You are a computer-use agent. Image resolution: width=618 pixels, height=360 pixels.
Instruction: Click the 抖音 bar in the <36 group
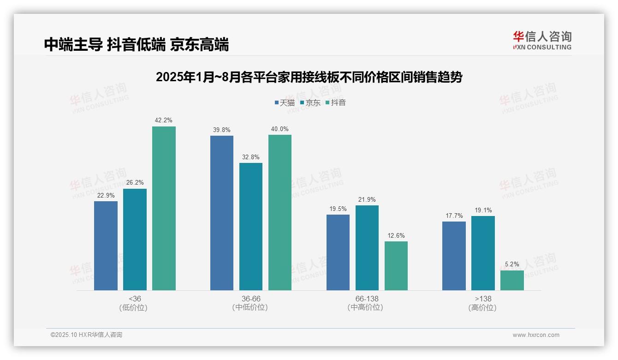164,208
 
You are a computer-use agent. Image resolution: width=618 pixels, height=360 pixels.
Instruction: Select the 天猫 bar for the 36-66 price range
222,213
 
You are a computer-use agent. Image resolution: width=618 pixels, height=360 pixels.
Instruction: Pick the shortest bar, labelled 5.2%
512,280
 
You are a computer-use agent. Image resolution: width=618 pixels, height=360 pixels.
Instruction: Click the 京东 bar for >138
483,253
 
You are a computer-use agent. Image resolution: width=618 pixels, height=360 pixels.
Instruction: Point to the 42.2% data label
164,120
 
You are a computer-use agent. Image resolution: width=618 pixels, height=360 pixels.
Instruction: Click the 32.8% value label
251,157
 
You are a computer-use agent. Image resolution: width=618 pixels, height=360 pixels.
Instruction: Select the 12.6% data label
396,235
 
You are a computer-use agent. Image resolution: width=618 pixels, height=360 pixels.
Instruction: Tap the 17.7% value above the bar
454,216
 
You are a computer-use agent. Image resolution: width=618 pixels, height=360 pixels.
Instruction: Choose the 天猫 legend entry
285,102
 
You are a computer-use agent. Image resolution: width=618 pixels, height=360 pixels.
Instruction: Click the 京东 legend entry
310,102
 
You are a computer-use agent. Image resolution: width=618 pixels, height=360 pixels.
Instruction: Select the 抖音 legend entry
336,102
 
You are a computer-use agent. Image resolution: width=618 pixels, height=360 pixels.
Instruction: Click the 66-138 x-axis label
367,299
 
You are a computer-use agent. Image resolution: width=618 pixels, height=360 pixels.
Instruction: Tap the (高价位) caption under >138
483,307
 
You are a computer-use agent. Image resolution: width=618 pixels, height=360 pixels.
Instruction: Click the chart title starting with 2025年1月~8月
309,77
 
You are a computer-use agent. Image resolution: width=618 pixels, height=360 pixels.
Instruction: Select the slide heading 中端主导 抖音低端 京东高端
137,45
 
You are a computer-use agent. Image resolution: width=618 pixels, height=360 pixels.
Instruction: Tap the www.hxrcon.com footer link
536,335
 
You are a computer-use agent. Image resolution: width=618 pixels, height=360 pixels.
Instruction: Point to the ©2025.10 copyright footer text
86,335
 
